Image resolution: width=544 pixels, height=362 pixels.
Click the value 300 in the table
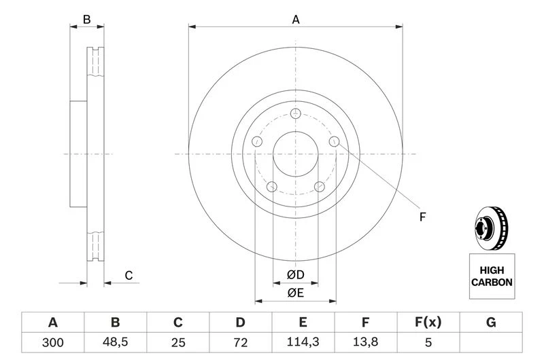click(52, 343)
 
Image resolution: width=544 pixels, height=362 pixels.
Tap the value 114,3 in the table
click(303, 343)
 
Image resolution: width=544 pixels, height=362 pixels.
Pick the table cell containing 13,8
click(365, 343)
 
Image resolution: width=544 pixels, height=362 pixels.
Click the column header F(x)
click(428, 323)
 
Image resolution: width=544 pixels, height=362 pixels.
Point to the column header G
click(490, 323)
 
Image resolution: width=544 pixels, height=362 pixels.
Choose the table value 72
click(240, 343)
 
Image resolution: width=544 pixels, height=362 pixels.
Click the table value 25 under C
click(178, 343)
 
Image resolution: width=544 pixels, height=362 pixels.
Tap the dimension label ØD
click(294, 275)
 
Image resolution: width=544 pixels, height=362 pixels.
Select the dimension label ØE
click(294, 293)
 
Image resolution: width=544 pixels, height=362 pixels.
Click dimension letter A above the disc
click(296, 20)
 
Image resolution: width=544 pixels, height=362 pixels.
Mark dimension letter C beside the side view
click(128, 275)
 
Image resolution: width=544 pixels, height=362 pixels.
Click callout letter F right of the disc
click(422, 217)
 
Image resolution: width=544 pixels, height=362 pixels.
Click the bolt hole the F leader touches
click(334, 141)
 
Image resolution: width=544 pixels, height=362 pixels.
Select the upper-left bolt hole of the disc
click(257, 141)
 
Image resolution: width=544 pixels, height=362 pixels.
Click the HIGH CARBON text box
click(492, 276)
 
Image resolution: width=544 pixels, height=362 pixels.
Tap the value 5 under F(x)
click(428, 343)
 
